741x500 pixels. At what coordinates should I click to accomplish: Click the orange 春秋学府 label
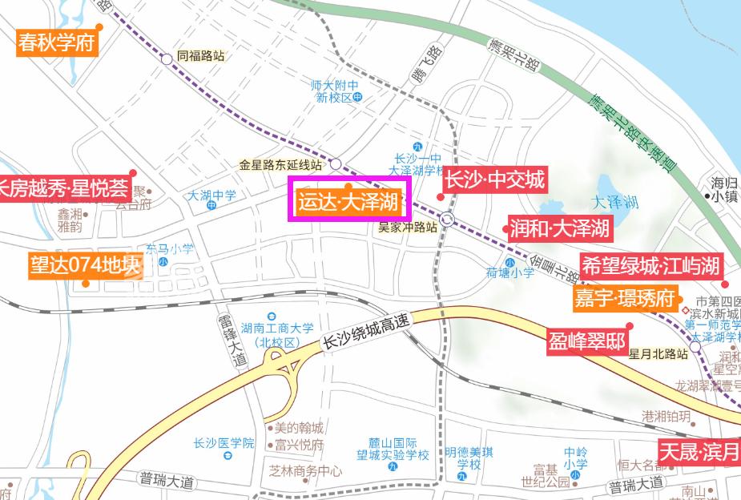tap(56, 42)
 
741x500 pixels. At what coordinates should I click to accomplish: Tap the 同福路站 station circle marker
tap(166, 58)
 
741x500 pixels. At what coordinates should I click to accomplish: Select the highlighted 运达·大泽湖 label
tap(348, 201)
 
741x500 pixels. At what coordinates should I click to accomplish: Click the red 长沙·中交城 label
tap(495, 180)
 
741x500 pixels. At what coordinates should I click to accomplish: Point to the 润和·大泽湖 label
tap(560, 228)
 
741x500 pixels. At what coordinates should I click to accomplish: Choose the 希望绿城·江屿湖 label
tap(650, 266)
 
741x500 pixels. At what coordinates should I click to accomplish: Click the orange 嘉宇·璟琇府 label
tap(625, 298)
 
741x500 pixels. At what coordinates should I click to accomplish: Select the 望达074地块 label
tap(86, 265)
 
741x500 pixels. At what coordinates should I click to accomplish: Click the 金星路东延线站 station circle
tap(336, 163)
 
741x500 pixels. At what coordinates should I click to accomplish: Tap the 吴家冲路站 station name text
tap(408, 227)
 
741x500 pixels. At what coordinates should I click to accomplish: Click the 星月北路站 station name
tap(658, 353)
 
